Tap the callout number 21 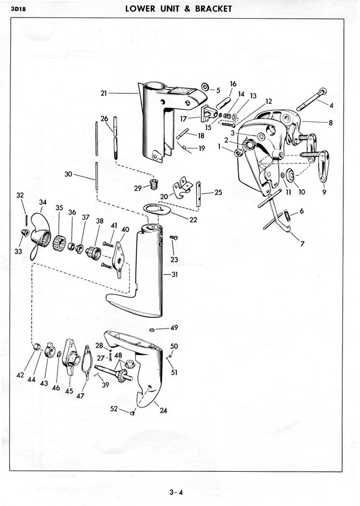104,93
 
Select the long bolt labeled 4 311,99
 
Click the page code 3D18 18,9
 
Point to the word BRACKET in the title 213,8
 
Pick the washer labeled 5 205,87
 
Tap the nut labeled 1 238,153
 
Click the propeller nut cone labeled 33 25,232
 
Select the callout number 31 174,275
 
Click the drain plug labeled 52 132,413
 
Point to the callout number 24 163,411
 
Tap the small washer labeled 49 151,330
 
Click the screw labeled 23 173,238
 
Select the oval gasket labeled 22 156,210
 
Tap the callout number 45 69,391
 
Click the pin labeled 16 223,103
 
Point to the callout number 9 324,192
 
